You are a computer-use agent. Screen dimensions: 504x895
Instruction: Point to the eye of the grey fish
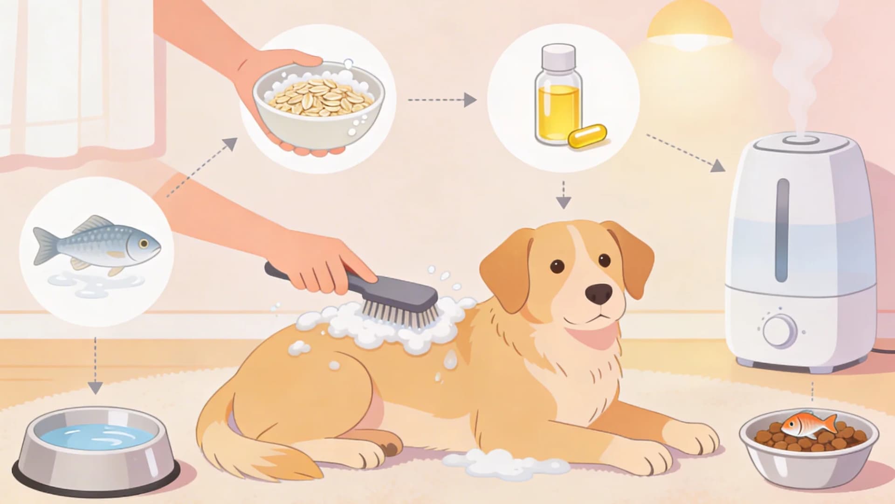click(x=143, y=243)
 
